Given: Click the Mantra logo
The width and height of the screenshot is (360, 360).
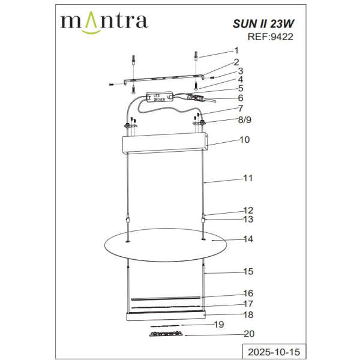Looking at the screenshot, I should (x=104, y=22).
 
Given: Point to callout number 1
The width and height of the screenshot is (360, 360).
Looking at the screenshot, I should (x=236, y=51).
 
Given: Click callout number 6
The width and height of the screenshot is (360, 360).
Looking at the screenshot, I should (x=240, y=98).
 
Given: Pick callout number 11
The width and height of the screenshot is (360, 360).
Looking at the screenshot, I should (x=247, y=178).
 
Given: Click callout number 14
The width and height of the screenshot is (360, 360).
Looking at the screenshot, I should (x=247, y=239).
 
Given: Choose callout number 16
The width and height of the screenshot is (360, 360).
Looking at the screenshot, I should (x=247, y=293).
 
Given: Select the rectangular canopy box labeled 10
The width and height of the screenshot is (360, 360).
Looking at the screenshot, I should (x=165, y=145).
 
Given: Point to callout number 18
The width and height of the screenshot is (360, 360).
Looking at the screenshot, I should (x=247, y=314).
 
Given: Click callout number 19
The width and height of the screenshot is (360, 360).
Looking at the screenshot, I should (x=219, y=325).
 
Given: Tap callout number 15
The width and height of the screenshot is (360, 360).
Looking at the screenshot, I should (x=247, y=272).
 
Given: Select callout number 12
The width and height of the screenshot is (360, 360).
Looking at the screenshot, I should (x=247, y=211).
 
